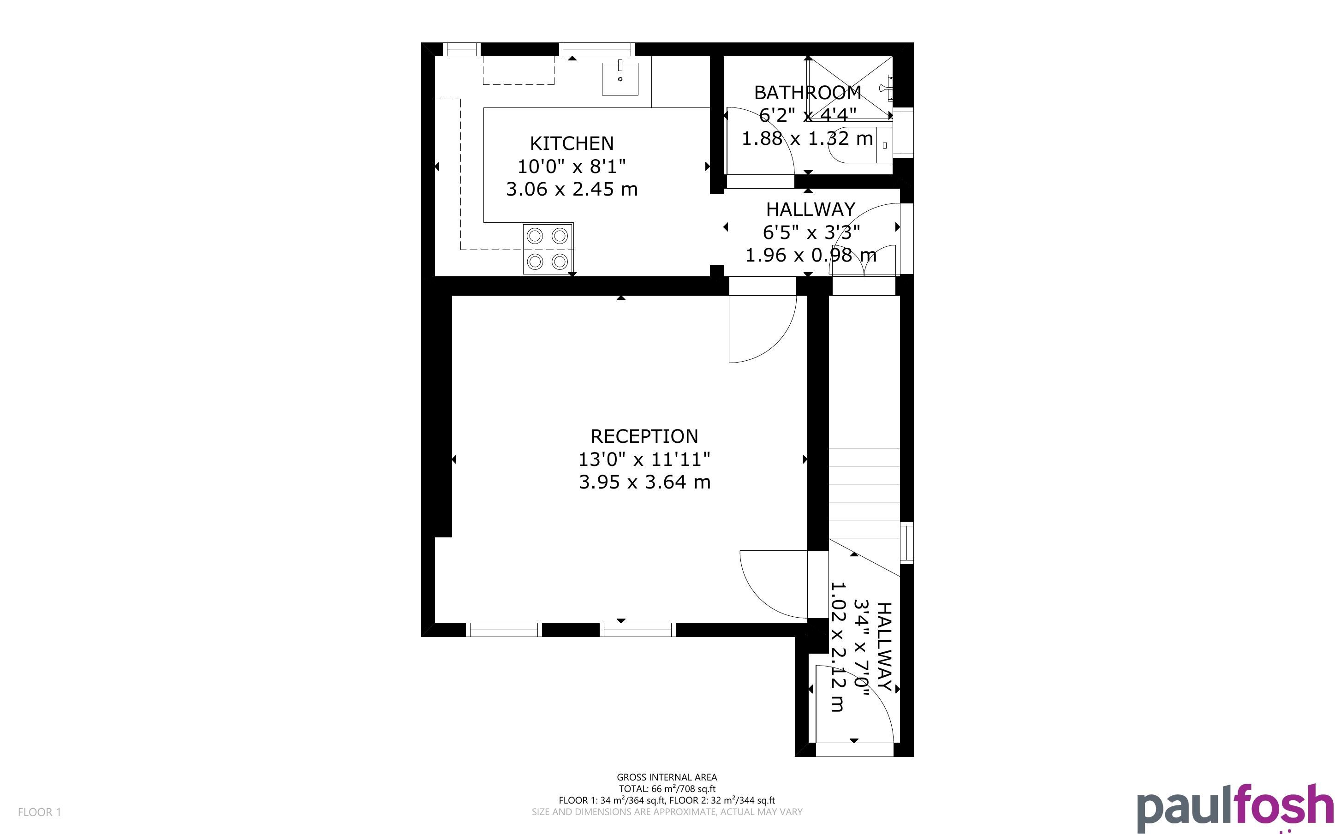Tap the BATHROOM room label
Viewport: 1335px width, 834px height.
pos(807,92)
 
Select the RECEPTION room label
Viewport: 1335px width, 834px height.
pos(644,436)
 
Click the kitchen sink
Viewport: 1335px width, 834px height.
pos(620,78)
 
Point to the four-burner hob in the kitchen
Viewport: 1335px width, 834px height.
pos(548,249)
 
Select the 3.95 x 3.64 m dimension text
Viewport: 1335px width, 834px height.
pos(644,482)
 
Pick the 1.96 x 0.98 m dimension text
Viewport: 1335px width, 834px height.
pos(811,255)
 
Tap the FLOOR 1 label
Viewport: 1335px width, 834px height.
pos(40,812)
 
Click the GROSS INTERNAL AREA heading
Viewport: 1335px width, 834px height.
pos(667,777)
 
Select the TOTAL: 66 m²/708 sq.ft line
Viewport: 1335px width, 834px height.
pos(667,789)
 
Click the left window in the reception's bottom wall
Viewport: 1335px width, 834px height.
pos(503,629)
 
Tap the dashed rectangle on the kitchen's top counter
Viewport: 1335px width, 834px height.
pos(519,70)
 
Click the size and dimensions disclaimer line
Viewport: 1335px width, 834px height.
pos(667,812)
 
